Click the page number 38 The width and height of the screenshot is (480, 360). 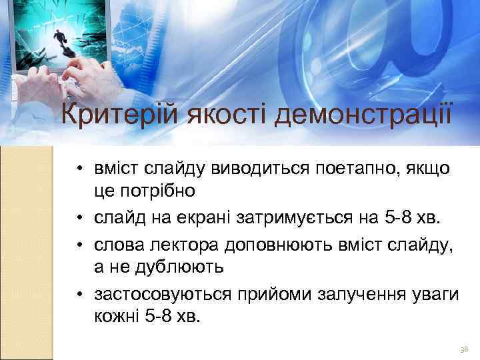point(464,349)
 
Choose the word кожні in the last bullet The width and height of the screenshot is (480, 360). point(117,316)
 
